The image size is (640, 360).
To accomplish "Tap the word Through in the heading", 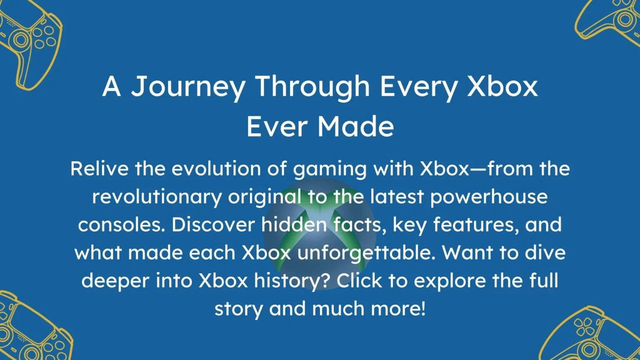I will coord(312,87).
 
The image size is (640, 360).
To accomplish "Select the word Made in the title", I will coord(356,127).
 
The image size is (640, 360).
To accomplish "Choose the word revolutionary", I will coord(157,197).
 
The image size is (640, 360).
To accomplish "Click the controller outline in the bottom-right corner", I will coord(596,335).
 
